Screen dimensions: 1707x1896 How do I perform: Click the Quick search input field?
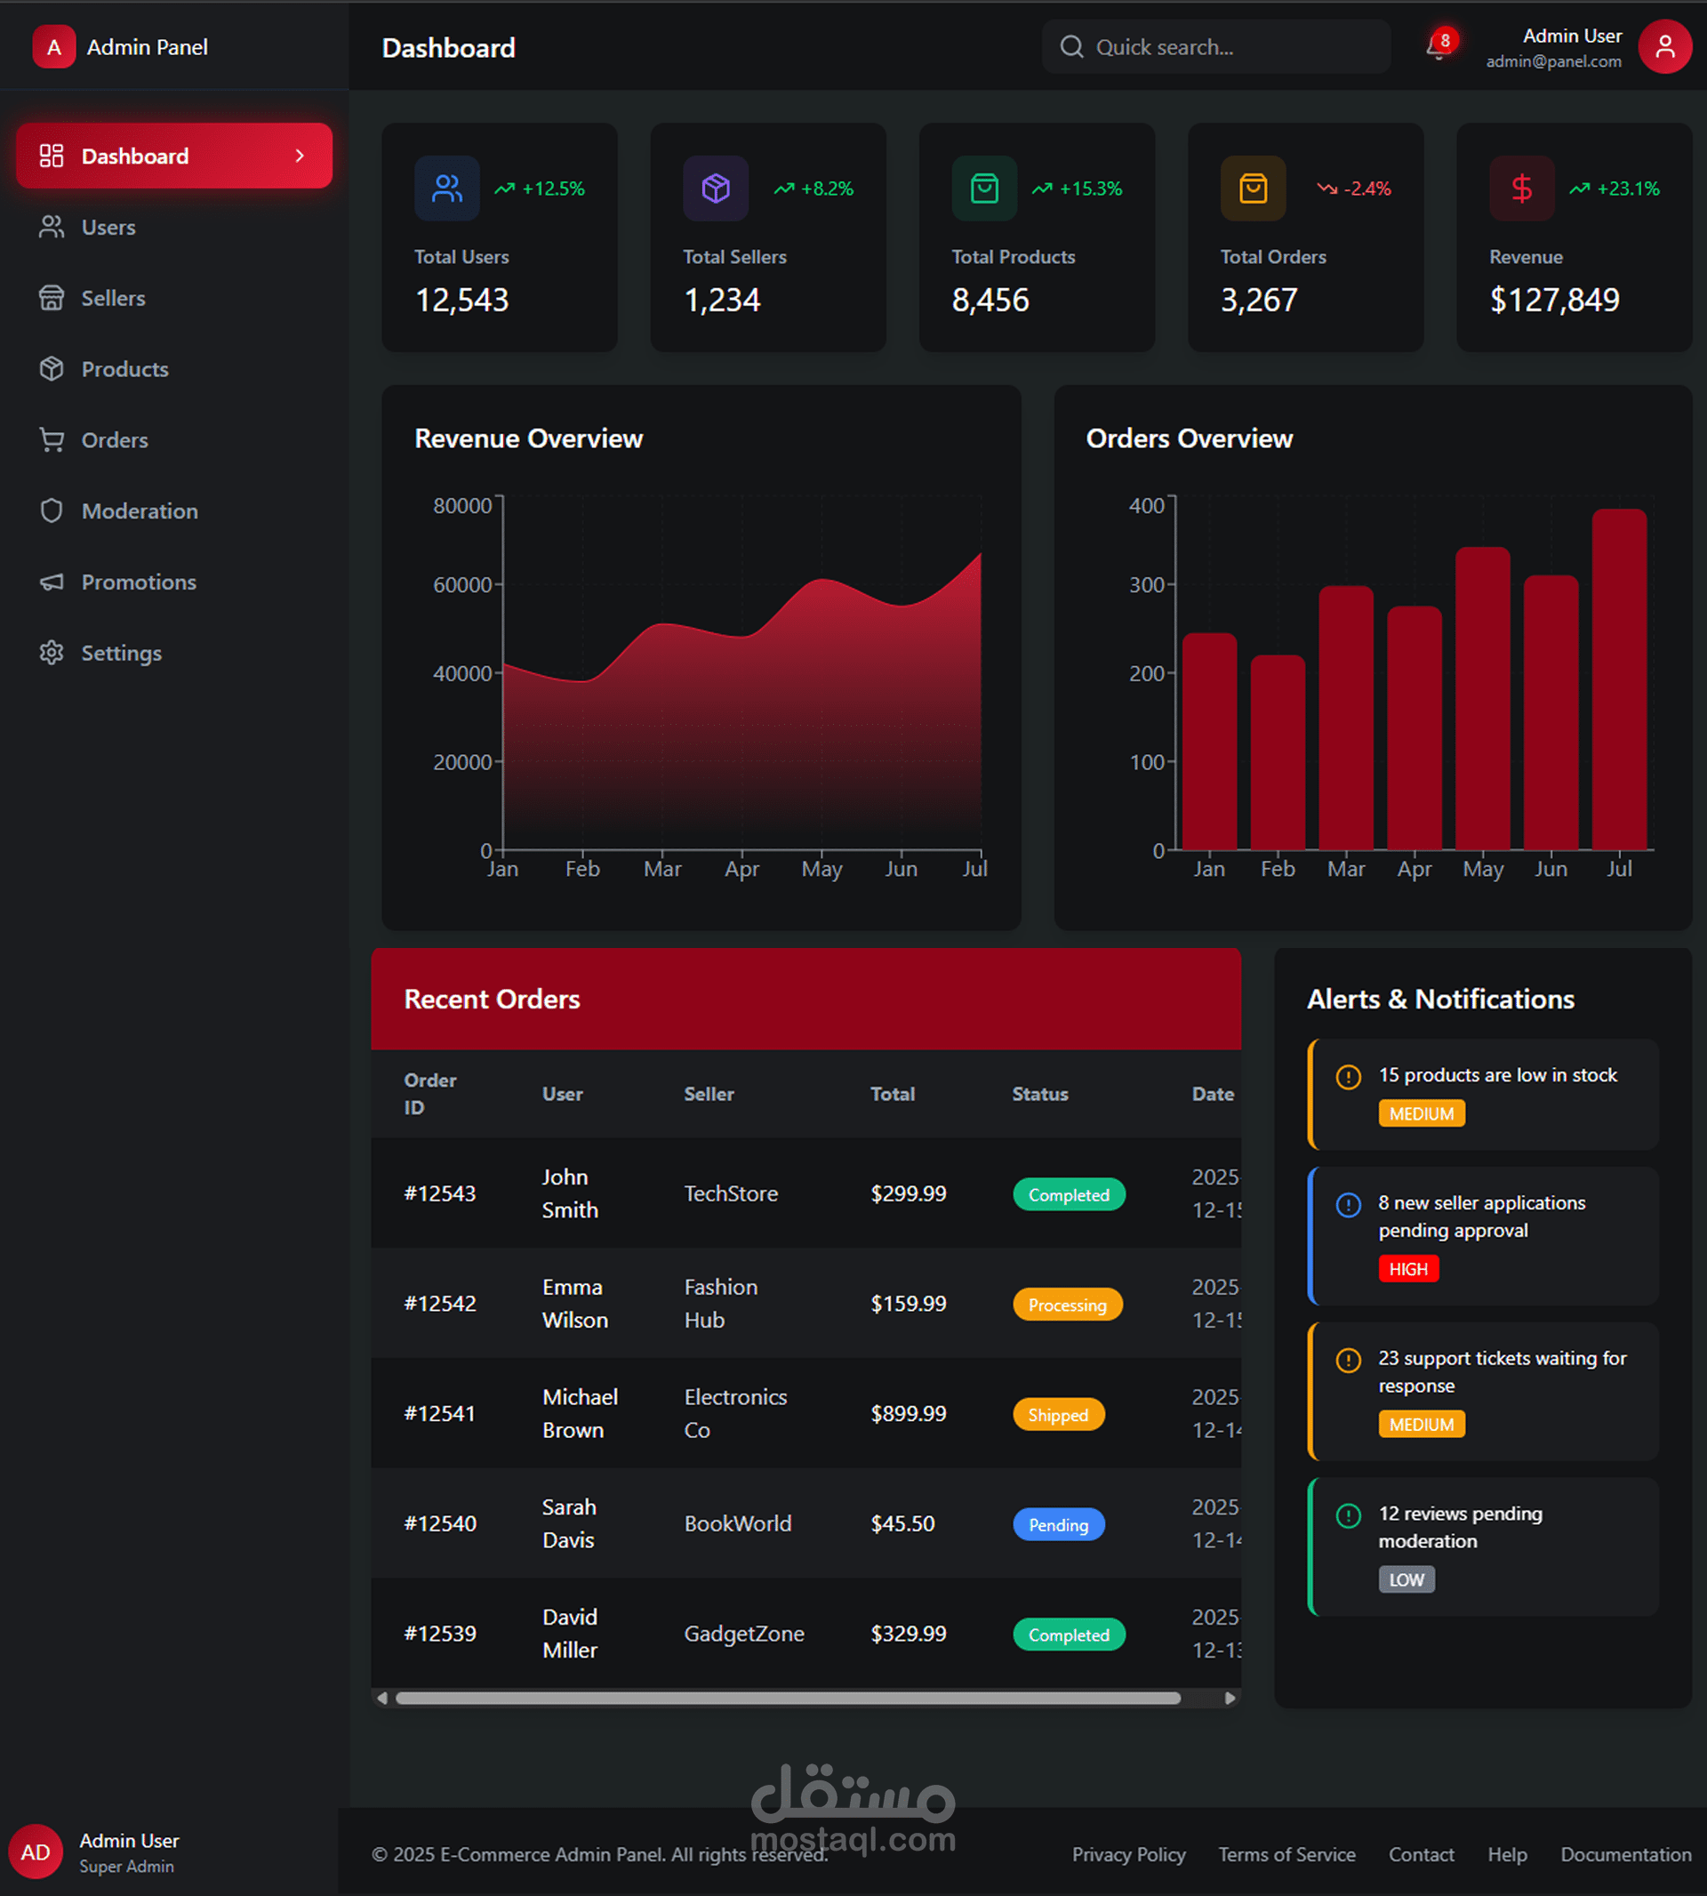click(1215, 47)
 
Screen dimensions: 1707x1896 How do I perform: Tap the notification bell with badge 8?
click(1439, 46)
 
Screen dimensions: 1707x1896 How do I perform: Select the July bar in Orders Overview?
click(1619, 679)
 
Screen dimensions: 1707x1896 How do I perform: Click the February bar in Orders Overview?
click(1278, 752)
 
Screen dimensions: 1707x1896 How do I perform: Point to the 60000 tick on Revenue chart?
click(462, 584)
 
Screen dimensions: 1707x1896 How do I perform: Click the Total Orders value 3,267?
click(1259, 301)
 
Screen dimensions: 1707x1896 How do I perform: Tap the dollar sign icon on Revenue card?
click(1521, 189)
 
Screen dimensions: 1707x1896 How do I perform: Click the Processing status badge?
click(1068, 1305)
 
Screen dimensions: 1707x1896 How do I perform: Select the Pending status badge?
click(1059, 1524)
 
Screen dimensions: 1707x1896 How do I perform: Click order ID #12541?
click(440, 1414)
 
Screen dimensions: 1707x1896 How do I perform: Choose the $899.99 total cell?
click(908, 1414)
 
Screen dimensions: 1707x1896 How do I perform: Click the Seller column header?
click(709, 1094)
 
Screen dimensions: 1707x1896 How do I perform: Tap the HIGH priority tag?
click(1407, 1269)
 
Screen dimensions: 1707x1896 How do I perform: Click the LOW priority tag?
click(1406, 1579)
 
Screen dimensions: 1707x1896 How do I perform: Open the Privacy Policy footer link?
click(1128, 1855)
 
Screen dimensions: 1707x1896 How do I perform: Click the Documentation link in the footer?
click(1625, 1855)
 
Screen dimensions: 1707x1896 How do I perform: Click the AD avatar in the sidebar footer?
click(36, 1852)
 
